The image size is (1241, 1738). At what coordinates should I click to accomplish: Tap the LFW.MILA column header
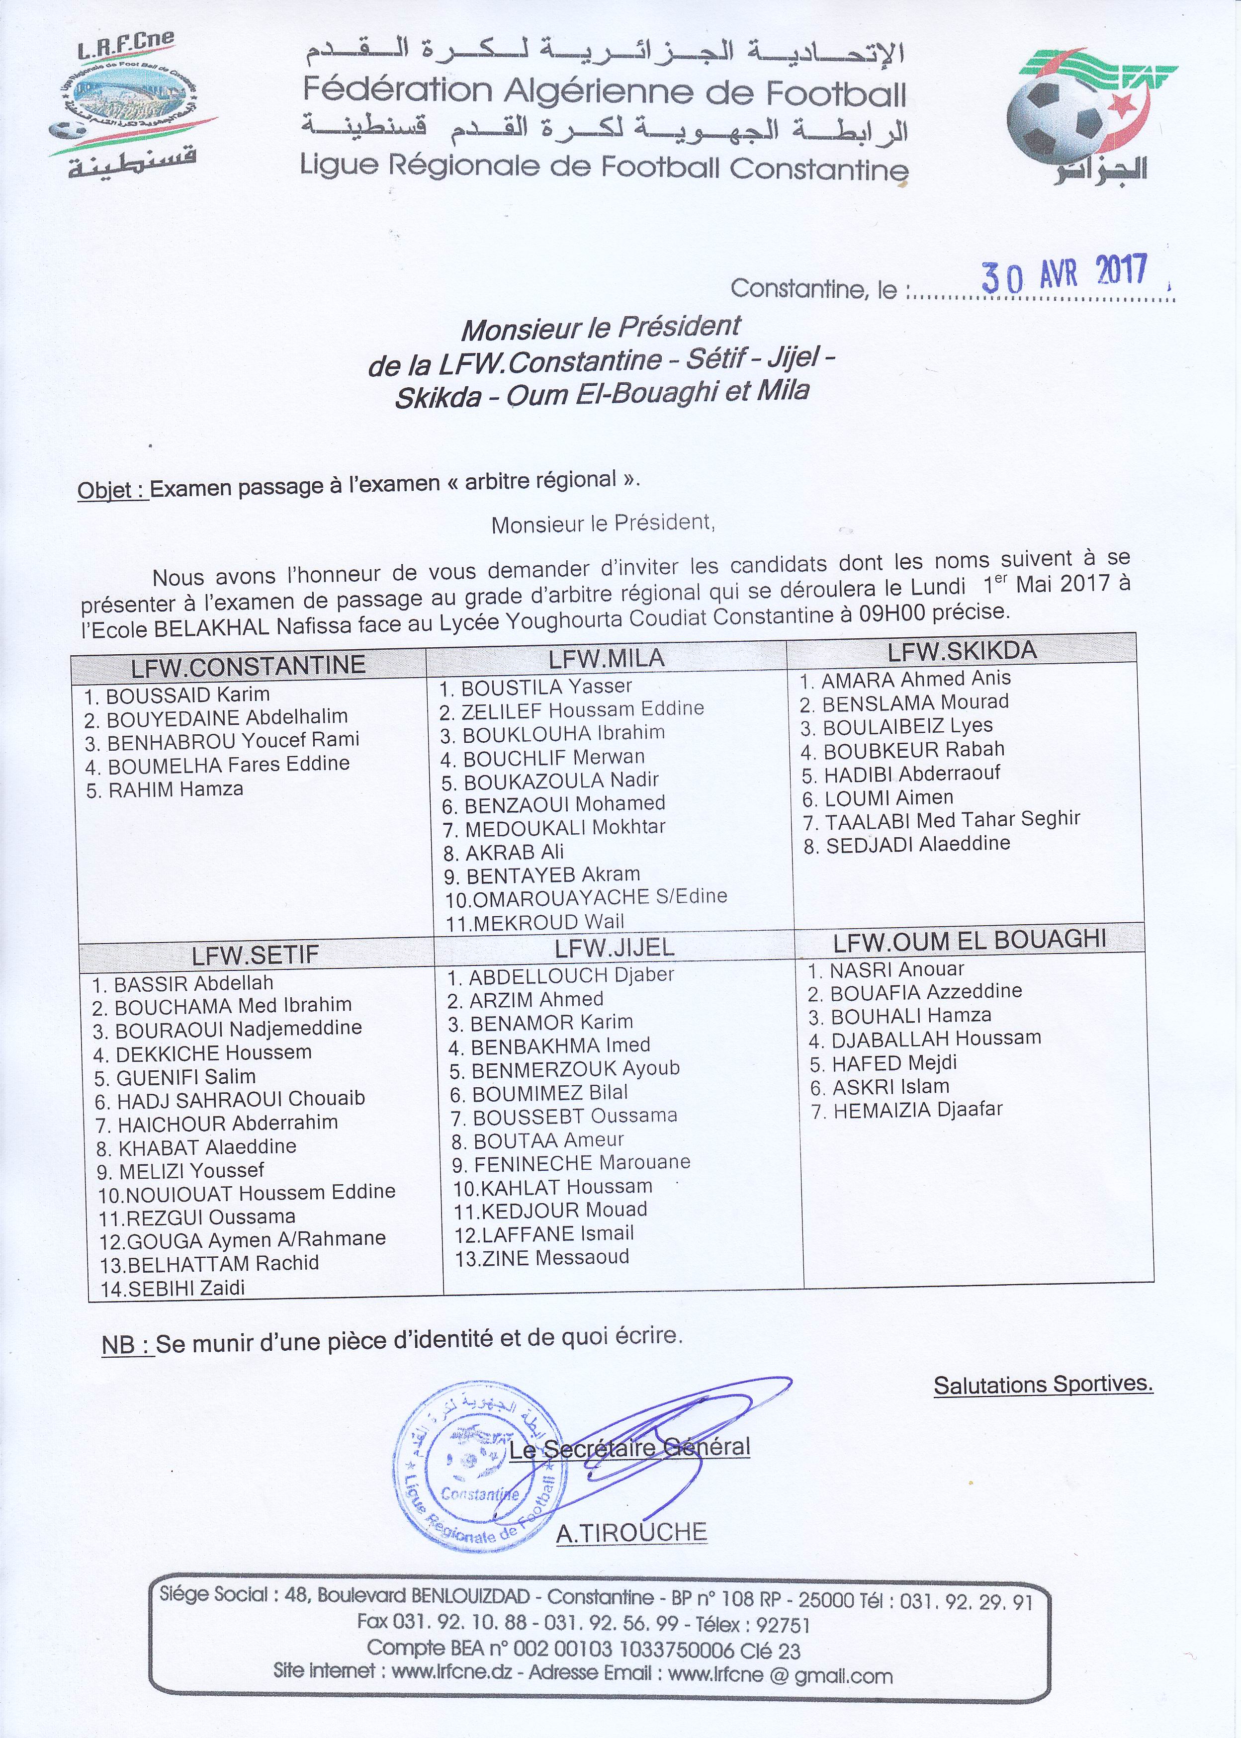[x=607, y=658]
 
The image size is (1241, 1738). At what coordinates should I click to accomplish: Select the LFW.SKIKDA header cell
[x=961, y=650]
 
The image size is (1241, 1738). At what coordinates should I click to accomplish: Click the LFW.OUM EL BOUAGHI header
[x=969, y=940]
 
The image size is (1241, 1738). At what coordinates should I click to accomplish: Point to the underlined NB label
[x=127, y=1344]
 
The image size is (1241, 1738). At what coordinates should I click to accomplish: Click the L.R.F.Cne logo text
[x=126, y=47]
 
